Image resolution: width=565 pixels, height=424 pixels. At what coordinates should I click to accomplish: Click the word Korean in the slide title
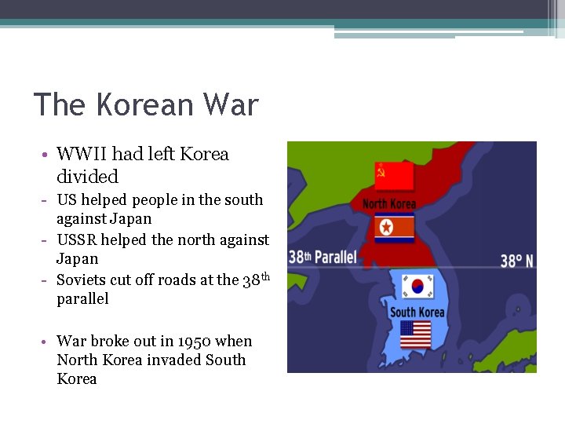(145, 104)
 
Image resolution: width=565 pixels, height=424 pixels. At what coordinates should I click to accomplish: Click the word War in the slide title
(230, 104)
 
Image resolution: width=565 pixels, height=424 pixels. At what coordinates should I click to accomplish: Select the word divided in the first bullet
(87, 176)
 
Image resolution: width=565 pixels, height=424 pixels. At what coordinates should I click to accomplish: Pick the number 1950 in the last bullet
(192, 342)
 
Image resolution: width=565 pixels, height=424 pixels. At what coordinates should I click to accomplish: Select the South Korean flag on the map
(417, 286)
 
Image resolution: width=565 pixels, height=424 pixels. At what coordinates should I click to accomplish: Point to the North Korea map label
(388, 204)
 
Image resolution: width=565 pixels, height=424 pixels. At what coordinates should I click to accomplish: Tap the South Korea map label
(417, 313)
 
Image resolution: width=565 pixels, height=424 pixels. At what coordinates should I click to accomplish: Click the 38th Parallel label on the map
(323, 257)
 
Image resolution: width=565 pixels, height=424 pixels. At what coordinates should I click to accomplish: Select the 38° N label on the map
(517, 260)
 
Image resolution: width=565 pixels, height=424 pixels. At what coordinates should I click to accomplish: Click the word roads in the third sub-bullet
(170, 280)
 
